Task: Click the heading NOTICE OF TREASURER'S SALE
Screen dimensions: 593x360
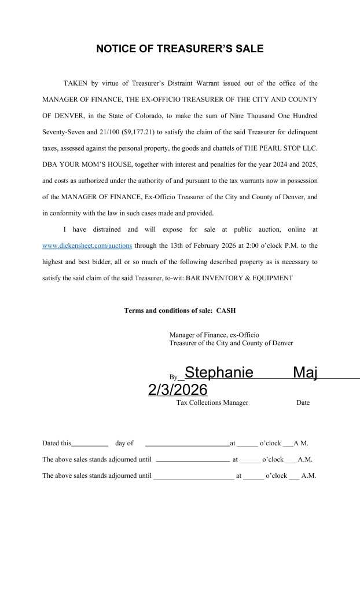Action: pyautogui.click(x=179, y=49)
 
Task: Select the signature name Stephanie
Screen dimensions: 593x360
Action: pyautogui.click(x=218, y=373)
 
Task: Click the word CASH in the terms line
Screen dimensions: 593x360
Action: pyautogui.click(x=226, y=311)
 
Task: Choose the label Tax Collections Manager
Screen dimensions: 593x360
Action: pyautogui.click(x=212, y=403)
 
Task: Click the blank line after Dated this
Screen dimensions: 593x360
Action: pyautogui.click(x=90, y=444)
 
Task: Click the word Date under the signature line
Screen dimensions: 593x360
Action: pyautogui.click(x=303, y=403)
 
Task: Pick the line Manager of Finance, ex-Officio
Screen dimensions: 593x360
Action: pyautogui.click(x=214, y=335)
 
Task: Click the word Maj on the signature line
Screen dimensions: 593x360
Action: pyautogui.click(x=306, y=373)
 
